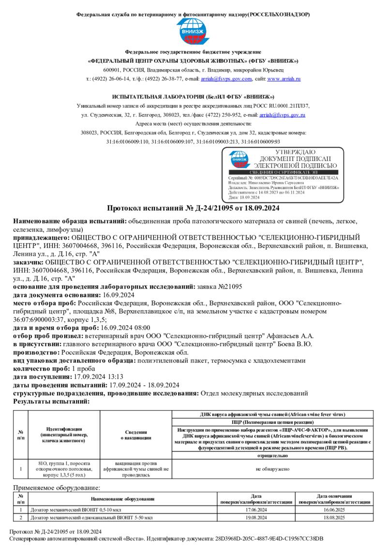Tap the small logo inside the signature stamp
click(239, 159)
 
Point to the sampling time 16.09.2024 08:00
click(125, 327)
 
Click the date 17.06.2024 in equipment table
click(256, 510)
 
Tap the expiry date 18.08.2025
click(334, 518)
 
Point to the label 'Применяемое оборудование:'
click(57, 488)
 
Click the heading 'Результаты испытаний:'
click(51, 401)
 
